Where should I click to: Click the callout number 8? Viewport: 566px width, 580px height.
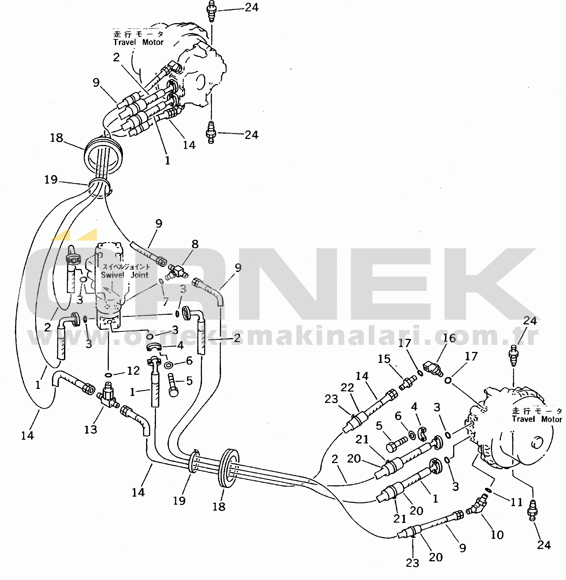tap(195, 244)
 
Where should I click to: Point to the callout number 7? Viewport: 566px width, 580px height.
tap(165, 302)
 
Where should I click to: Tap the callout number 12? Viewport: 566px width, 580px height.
tap(133, 371)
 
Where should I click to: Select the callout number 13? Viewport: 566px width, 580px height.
tap(90, 429)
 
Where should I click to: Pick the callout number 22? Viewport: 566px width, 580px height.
tap(347, 387)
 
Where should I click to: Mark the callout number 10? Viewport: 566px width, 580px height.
tap(497, 534)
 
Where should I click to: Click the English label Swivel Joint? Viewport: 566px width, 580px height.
tap(125, 275)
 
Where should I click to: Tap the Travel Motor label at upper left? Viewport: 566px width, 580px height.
tap(138, 42)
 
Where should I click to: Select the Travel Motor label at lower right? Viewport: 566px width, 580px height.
tap(537, 419)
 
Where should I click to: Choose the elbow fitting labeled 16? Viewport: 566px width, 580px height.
tap(433, 369)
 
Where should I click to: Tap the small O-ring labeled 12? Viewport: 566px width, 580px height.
tap(108, 375)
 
